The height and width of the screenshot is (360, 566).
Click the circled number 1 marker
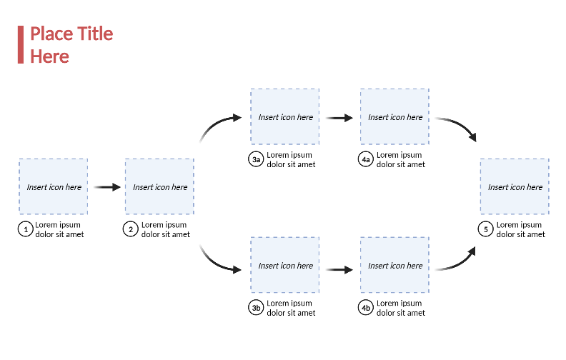tap(26, 229)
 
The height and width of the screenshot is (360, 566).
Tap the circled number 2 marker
tap(131, 229)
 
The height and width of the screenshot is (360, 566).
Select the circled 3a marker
tap(256, 159)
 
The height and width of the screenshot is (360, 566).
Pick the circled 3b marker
tap(256, 308)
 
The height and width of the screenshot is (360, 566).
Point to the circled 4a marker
tap(366, 159)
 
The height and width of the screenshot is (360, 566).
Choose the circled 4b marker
tap(366, 308)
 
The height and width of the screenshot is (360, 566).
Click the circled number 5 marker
tap(486, 229)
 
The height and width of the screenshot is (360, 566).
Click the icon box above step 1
tap(54, 186)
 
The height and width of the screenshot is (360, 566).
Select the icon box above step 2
tap(159, 186)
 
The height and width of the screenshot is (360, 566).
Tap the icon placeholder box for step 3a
tap(284, 116)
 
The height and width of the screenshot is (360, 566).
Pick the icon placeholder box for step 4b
tap(394, 265)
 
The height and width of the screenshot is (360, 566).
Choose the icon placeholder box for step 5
tap(515, 186)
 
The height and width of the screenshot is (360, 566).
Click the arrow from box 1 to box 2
tap(106, 187)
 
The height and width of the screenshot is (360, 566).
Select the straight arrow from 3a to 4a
tap(339, 117)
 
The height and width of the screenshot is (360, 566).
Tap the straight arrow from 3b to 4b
tap(339, 270)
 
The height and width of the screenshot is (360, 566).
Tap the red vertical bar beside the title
tap(21, 44)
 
